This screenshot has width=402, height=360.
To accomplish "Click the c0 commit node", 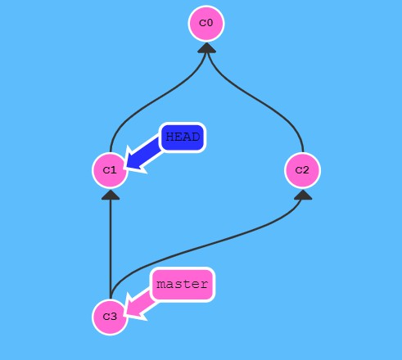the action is [x=206, y=24].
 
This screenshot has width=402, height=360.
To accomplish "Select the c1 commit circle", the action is [x=110, y=170].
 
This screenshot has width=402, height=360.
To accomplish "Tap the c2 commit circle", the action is [x=302, y=170].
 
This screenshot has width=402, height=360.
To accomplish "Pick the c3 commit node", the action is [x=110, y=317].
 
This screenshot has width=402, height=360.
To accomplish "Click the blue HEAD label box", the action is [x=183, y=137].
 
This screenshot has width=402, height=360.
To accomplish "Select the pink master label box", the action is [x=183, y=285].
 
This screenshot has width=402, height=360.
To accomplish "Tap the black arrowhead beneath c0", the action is [x=207, y=48].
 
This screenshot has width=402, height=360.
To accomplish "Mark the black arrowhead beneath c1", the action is [x=111, y=195].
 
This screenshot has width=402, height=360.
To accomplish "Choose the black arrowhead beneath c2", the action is [x=303, y=195].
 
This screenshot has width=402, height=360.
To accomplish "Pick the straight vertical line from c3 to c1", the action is [x=111, y=249].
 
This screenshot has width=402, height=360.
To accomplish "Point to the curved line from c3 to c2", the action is [x=207, y=246].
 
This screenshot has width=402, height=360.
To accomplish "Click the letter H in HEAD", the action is [x=170, y=137].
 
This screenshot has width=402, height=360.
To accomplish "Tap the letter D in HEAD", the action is [x=196, y=137].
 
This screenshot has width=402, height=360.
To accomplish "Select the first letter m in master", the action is [x=160, y=285].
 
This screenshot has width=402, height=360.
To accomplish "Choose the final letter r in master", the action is [x=204, y=285].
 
